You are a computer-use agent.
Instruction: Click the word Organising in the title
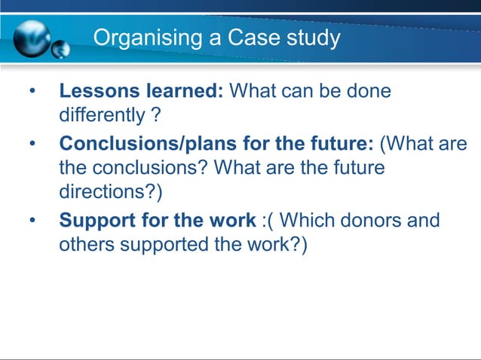pyautogui.click(x=141, y=37)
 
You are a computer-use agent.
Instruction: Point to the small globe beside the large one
pyautogui.click(x=60, y=49)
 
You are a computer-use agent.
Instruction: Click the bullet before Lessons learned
pyautogui.click(x=32, y=93)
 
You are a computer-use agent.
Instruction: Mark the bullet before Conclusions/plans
pyautogui.click(x=32, y=144)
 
